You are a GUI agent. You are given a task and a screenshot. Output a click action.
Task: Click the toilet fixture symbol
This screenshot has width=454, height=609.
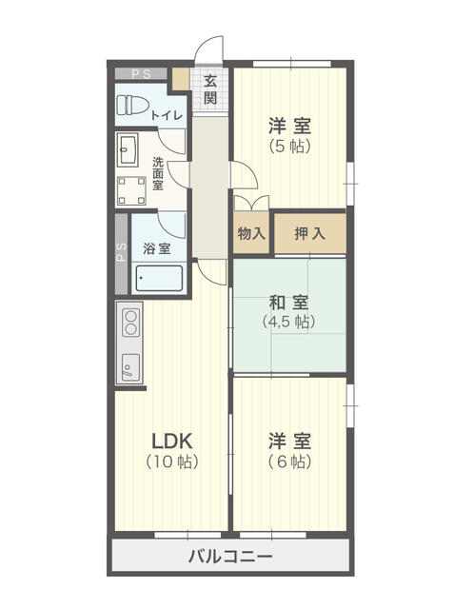click(132, 106)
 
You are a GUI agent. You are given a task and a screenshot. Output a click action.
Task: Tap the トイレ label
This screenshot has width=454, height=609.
click(167, 115)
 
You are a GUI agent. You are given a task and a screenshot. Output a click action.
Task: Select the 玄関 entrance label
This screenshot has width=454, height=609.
click(210, 89)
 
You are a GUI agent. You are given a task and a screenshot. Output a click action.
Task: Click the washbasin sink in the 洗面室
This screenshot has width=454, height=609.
click(128, 149)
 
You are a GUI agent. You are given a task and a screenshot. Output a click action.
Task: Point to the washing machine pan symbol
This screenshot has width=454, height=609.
click(131, 190)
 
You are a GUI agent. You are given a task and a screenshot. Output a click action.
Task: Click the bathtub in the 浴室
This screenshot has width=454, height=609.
click(159, 278)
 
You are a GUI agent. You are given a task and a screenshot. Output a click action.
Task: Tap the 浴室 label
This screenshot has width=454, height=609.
click(157, 248)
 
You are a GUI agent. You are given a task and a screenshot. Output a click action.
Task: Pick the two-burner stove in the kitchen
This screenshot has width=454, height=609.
click(131, 323)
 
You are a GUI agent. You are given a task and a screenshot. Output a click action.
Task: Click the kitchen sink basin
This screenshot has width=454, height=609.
click(131, 367)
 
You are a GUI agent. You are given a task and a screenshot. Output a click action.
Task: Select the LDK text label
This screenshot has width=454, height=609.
click(171, 441)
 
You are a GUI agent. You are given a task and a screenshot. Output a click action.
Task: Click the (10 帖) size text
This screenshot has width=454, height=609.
click(172, 462)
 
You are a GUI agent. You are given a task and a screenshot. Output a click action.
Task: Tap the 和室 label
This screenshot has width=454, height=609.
click(289, 303)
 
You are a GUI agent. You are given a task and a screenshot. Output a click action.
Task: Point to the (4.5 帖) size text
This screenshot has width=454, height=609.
click(288, 322)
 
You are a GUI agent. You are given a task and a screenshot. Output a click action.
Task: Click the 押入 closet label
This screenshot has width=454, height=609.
click(309, 233)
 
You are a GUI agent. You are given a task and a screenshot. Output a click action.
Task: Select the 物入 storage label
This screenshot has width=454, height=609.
click(251, 233)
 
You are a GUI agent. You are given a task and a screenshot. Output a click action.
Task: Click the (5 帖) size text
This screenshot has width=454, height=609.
click(289, 146)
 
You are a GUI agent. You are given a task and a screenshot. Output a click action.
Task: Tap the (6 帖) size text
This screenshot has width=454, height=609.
click(289, 462)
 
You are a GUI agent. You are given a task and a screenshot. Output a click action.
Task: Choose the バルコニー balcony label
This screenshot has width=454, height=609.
click(230, 557)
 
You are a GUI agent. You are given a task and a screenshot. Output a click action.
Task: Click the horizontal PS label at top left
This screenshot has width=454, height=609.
click(141, 74)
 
